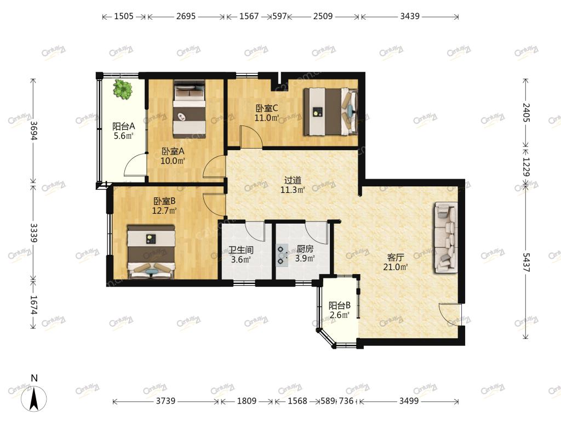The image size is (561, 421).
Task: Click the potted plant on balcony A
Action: tap(123, 89)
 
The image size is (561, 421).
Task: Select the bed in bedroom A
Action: tap(189, 109)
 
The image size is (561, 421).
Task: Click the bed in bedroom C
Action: tap(330, 111)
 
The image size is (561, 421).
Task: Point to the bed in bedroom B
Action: tap(151, 251)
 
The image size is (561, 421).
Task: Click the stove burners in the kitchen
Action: tap(281, 254)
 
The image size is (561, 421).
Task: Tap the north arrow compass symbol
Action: tap(34, 398)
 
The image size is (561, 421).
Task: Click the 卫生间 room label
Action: tap(241, 250)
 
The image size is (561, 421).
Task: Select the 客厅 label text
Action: tap(396, 258)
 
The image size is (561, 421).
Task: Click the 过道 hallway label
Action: tap(293, 180)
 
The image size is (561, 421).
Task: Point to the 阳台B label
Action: tap(340, 306)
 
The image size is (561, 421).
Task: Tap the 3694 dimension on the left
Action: tap(33, 130)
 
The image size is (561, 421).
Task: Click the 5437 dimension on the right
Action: tap(525, 263)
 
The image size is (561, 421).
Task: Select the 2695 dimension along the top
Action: tap(186, 16)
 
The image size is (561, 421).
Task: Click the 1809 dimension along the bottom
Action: tap(247, 401)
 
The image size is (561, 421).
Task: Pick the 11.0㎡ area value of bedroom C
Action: tap(267, 117)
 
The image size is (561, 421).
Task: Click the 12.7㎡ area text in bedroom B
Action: tap(164, 210)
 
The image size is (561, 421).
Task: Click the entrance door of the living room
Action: tap(450, 315)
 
